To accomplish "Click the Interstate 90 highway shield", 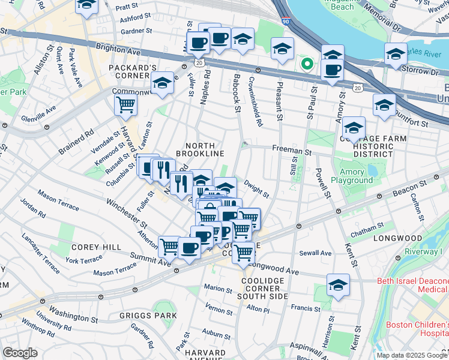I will coord(284,22).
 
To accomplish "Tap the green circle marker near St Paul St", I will coord(307,63).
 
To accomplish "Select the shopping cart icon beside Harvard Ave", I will coord(125,104).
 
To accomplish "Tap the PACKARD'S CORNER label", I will coord(133,72).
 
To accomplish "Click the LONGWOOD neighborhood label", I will coord(397,238).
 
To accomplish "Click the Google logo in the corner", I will coord(19,352).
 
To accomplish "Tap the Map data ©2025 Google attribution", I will coord(411,355).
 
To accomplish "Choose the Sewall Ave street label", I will coord(317,253).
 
